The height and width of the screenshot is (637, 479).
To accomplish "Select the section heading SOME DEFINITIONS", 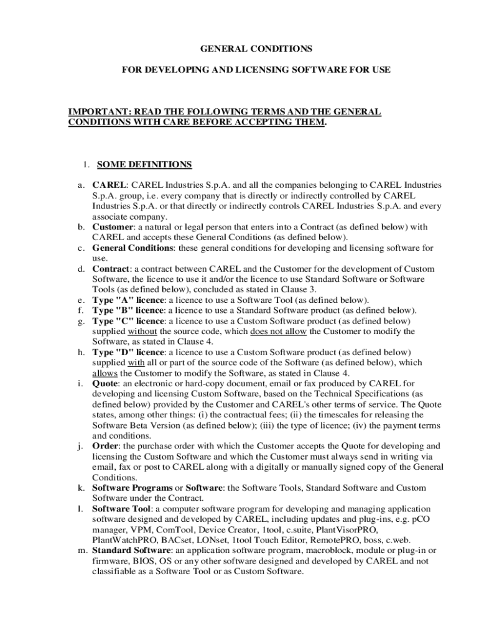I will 144,165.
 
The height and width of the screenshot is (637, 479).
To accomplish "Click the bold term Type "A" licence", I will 128,300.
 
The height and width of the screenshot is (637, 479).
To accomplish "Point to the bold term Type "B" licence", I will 127,310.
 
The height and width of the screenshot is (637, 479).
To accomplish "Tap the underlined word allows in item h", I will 105,373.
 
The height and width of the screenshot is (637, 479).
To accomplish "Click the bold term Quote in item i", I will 106,384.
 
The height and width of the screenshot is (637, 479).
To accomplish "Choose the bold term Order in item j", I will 106,446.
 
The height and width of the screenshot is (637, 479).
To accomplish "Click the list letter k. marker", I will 81,488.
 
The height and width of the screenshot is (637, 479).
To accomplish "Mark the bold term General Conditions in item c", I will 133,248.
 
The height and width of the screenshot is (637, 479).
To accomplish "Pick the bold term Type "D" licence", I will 128,352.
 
